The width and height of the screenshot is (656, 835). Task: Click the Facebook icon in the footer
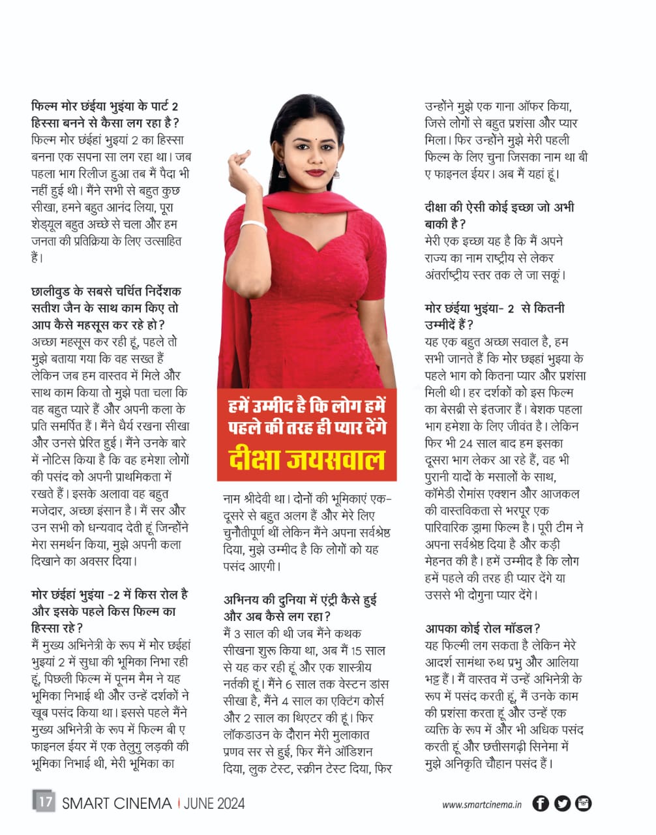click(x=541, y=804)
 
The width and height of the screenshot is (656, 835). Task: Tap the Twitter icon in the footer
click(x=562, y=804)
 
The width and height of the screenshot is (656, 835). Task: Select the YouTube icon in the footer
click(x=583, y=804)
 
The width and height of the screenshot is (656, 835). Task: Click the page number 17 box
click(x=44, y=801)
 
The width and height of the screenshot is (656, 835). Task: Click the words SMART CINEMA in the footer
click(x=117, y=803)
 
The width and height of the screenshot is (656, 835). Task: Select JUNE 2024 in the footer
click(x=215, y=803)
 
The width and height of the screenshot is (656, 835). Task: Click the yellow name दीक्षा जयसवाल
click(x=306, y=459)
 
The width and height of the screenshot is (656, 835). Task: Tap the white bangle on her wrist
click(x=254, y=226)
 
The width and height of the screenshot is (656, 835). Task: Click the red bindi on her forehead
click(x=310, y=139)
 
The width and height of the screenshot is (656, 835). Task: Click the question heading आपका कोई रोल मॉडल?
click(x=483, y=629)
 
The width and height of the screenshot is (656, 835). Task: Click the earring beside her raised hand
click(x=282, y=171)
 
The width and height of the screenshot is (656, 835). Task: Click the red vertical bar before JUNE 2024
click(x=178, y=803)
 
